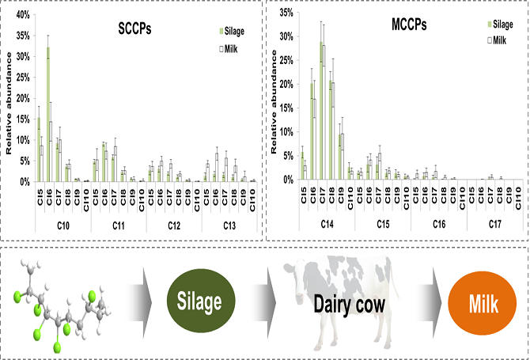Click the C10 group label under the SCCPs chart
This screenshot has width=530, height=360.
63,227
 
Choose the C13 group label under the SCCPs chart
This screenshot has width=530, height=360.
229,227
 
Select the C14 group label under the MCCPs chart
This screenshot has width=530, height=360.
325,227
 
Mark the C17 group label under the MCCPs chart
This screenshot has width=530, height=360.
494,227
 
